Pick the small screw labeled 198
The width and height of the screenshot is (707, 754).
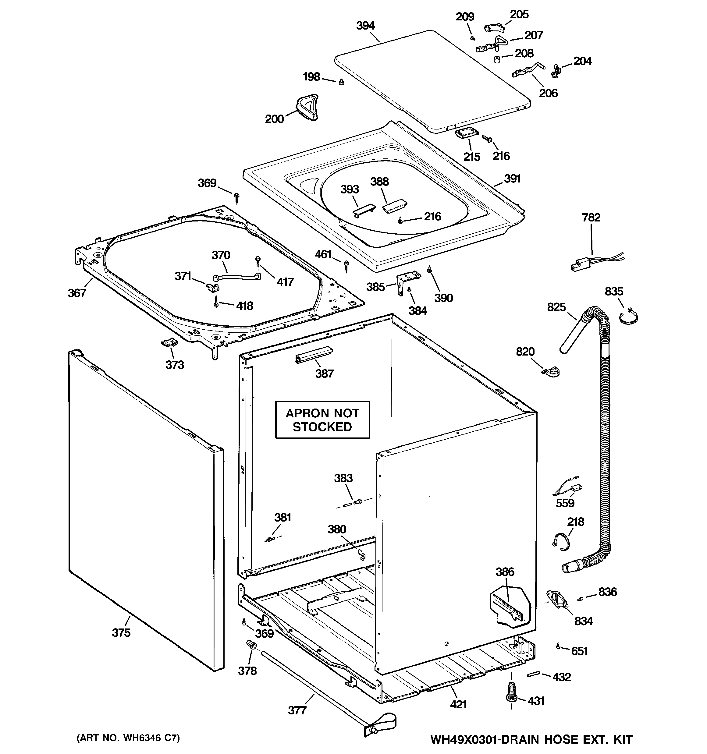(x=341, y=82)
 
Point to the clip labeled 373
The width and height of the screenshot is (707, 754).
(x=169, y=342)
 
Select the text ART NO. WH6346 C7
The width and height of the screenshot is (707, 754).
(x=128, y=738)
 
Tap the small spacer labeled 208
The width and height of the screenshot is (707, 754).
(x=497, y=59)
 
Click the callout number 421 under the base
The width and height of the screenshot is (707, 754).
(x=458, y=704)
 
